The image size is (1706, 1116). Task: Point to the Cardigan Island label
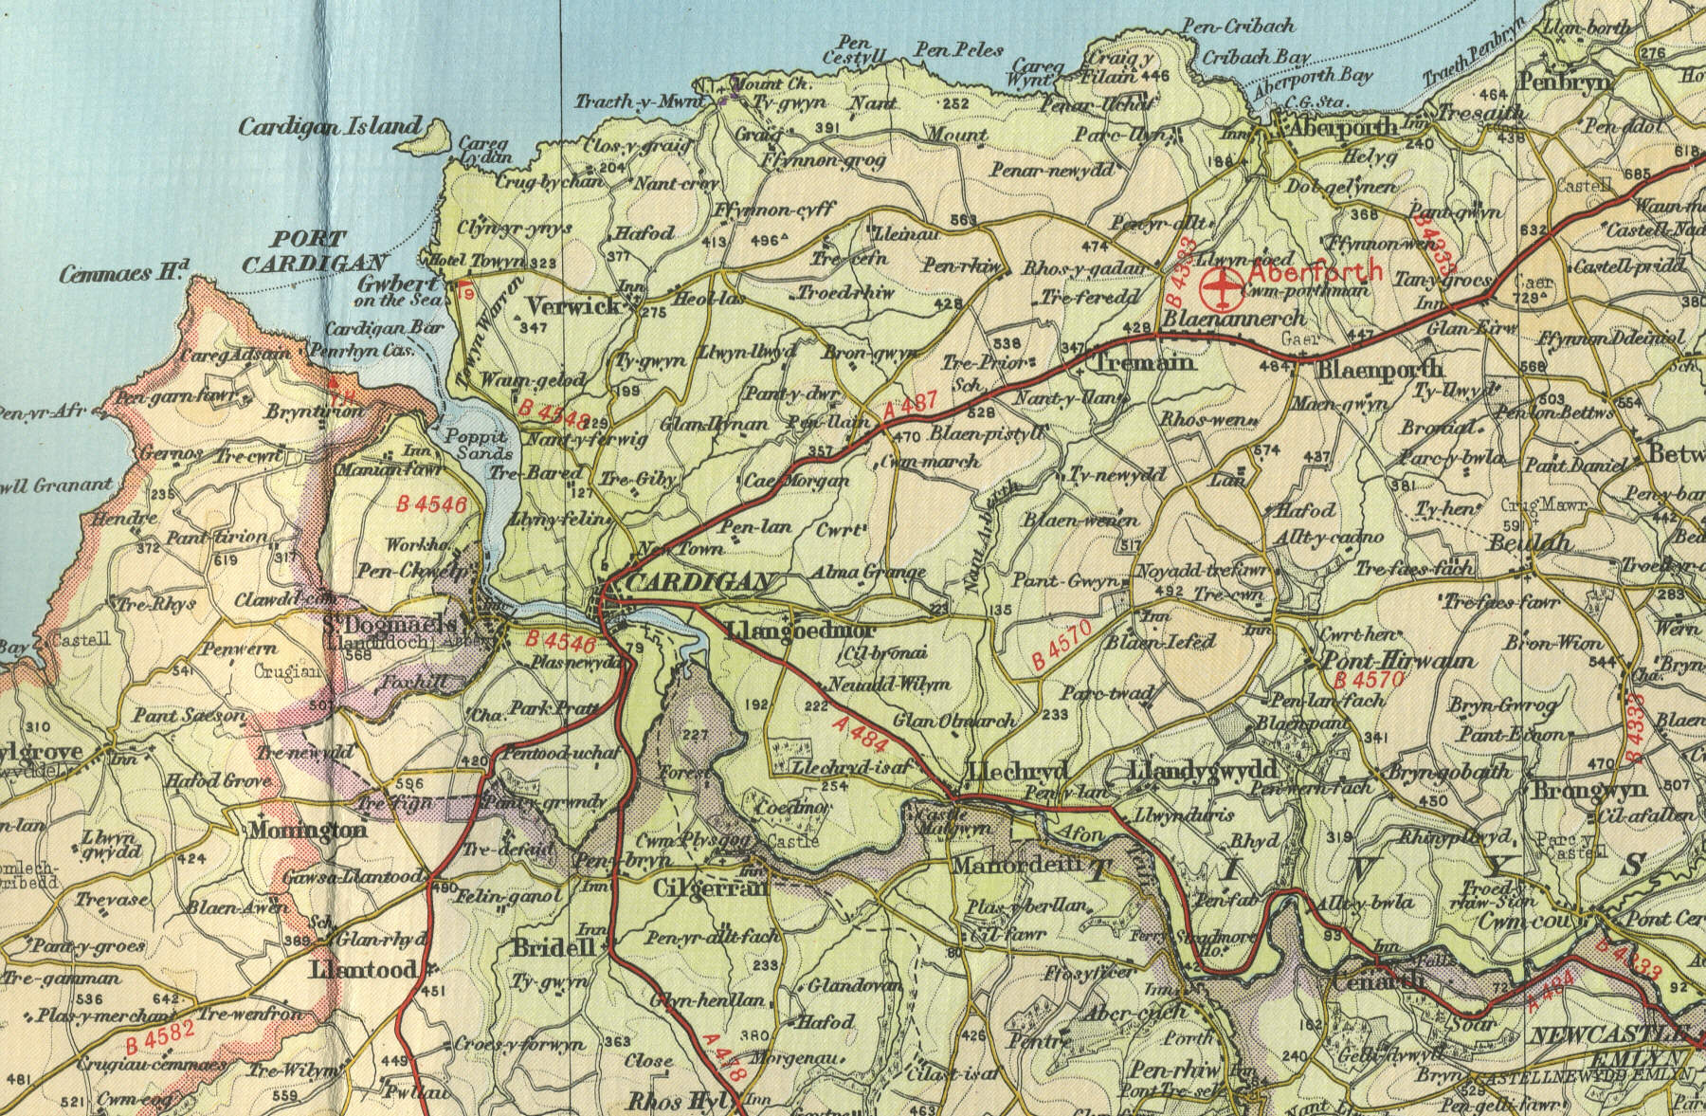click(329, 126)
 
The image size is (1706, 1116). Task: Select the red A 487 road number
click(909, 405)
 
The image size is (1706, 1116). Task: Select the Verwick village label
click(574, 306)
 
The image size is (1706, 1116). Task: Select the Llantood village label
click(363, 970)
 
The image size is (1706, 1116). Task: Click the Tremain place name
click(1144, 362)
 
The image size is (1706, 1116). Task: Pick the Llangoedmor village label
click(801, 631)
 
